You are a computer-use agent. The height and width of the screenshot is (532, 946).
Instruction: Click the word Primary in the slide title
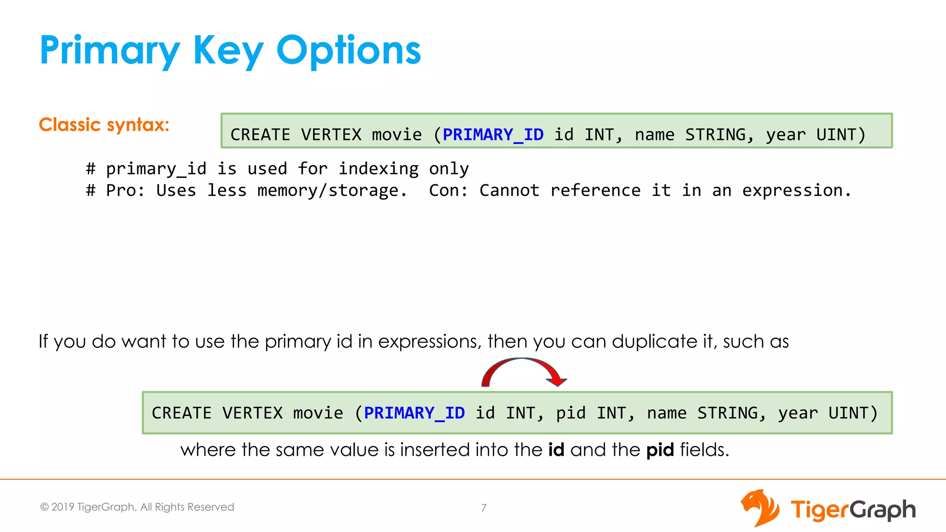[x=109, y=51]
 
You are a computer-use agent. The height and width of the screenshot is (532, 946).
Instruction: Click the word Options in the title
[x=349, y=51]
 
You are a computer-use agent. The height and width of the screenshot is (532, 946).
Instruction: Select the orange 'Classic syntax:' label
[x=104, y=125]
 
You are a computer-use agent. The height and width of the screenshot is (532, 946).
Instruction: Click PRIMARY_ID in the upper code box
[x=493, y=135]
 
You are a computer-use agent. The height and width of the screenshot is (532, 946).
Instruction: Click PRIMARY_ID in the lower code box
[x=414, y=413]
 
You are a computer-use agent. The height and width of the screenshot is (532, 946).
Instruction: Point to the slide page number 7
[x=484, y=508]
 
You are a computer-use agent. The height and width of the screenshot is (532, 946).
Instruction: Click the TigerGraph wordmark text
[x=853, y=510]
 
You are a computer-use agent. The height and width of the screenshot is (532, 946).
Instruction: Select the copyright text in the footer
[x=137, y=507]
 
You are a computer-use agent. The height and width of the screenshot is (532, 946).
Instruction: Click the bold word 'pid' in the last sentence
[x=660, y=450]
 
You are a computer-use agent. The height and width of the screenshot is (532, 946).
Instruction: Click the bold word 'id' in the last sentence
[x=556, y=450]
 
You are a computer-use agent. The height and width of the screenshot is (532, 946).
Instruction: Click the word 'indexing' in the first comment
[x=378, y=169]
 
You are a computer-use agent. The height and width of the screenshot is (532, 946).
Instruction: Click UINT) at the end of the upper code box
[x=841, y=135]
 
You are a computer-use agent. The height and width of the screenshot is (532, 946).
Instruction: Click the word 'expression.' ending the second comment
[x=797, y=191]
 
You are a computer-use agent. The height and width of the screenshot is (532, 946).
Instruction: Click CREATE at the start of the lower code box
[x=182, y=413]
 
